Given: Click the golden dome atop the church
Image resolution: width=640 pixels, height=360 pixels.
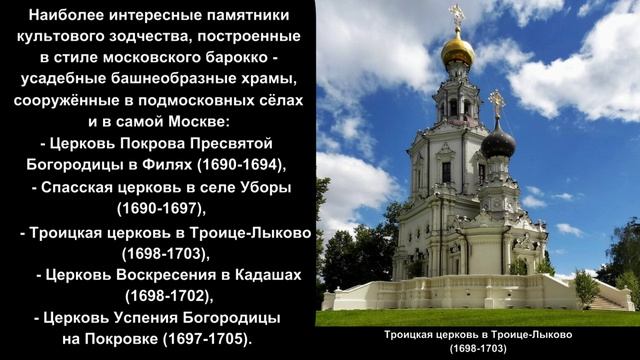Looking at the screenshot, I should tap(459, 49).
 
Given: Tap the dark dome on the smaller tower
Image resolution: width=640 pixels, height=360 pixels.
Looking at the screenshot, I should tap(497, 143).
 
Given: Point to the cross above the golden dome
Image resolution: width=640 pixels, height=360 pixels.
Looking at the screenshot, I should tap(458, 15).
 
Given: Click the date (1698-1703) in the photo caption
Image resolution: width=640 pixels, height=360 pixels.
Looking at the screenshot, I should tap(477, 350).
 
